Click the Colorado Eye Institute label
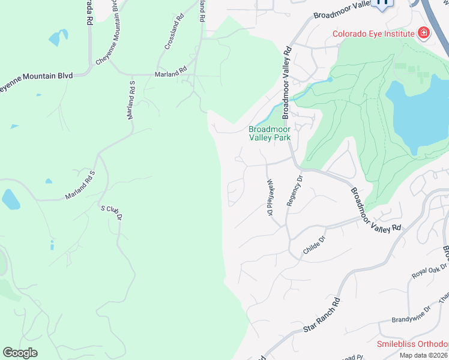(x=373, y=34)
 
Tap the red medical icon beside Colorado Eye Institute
(x=424, y=32)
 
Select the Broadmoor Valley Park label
(x=270, y=133)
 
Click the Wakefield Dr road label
(x=270, y=198)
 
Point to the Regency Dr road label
(x=294, y=191)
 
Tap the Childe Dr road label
(x=314, y=245)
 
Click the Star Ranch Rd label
(x=322, y=314)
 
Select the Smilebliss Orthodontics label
(x=412, y=344)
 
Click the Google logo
(x=20, y=352)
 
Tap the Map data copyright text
(x=424, y=355)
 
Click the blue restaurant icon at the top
(x=382, y=4)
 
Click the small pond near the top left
(x=58, y=38)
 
